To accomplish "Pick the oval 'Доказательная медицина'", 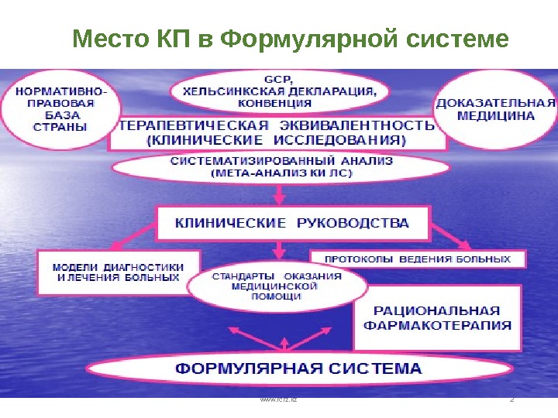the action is pos(496,109).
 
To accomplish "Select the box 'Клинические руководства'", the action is pos(292,223).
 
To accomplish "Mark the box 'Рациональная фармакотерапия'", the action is pos(437,317).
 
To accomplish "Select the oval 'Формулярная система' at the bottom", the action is pos(298,369).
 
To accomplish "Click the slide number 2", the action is pos(511,400).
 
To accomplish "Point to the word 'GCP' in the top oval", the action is pos(275,79).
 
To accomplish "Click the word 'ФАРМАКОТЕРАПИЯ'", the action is pos(437,325).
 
